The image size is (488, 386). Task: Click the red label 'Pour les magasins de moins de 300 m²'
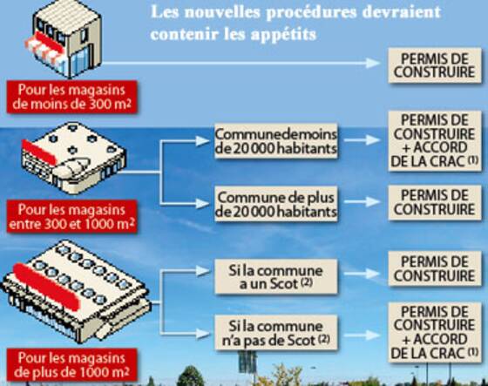71,97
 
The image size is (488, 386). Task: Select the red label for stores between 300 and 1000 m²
71,217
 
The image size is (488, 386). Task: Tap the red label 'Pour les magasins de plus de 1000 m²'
71,365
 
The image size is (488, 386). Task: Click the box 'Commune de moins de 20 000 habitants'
276,141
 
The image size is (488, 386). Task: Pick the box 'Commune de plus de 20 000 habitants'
276,204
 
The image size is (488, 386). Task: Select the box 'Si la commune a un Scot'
276,277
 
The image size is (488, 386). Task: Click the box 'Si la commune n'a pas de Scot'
276,333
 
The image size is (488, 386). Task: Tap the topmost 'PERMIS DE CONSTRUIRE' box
435,65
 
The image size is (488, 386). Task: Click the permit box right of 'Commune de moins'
435,140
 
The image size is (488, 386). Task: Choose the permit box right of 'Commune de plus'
435,203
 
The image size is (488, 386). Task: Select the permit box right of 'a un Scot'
435,269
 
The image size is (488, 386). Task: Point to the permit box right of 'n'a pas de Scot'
435,333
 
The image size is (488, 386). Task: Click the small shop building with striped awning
64,39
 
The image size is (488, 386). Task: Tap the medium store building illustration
73,159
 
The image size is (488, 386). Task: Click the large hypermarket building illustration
76,292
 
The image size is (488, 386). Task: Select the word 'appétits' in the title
283,34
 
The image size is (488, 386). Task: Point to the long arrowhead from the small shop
373,64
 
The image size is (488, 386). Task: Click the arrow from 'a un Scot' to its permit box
362,274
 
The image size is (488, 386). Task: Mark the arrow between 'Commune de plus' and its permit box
362,202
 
